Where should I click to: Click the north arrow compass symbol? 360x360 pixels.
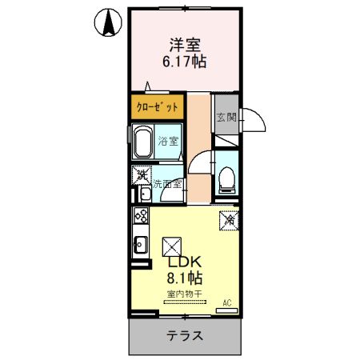point(106,22)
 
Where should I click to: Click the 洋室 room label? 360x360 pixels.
point(182,45)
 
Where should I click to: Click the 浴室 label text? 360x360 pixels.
point(168,142)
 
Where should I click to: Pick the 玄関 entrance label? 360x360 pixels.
point(226,118)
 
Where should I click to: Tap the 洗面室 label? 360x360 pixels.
point(168,184)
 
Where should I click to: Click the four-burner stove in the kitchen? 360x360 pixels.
point(141,216)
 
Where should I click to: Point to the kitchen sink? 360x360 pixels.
point(140,244)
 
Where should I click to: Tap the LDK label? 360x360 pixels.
point(185,262)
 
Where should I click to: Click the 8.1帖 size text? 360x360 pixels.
point(185,279)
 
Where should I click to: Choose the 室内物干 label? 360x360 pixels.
point(185,294)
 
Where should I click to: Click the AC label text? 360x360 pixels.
point(227,302)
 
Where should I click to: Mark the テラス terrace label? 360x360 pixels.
point(185,336)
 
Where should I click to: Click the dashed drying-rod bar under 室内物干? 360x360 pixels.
point(185,304)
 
